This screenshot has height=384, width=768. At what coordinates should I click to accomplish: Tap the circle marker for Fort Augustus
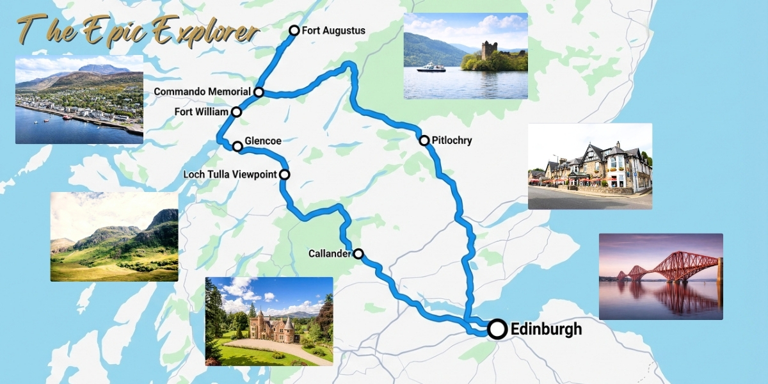294,30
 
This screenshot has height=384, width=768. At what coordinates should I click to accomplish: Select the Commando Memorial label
202,92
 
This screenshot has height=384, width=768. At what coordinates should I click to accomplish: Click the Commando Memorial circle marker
259,92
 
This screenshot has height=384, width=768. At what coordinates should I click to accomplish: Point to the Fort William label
201,112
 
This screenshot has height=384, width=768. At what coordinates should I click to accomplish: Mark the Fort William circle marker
236,112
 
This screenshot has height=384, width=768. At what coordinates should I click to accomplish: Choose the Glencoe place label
264,141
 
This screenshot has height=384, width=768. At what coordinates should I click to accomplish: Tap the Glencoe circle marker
237,147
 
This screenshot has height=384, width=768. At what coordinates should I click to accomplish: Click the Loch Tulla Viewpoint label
230,174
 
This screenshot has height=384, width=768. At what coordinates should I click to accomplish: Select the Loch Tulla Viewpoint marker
284,174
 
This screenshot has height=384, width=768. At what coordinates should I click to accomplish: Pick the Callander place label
330,253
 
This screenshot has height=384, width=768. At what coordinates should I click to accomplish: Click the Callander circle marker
358,253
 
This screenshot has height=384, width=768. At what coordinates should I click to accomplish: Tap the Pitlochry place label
452,140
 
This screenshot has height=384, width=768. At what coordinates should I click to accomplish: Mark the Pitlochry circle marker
424,140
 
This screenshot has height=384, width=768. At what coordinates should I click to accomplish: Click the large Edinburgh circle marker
497,329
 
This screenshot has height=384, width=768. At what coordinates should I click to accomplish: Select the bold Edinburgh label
546,330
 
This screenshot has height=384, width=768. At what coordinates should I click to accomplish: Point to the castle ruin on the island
490,51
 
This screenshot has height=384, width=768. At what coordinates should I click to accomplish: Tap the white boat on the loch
431,67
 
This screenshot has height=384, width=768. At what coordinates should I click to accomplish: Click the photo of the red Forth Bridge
660,276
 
